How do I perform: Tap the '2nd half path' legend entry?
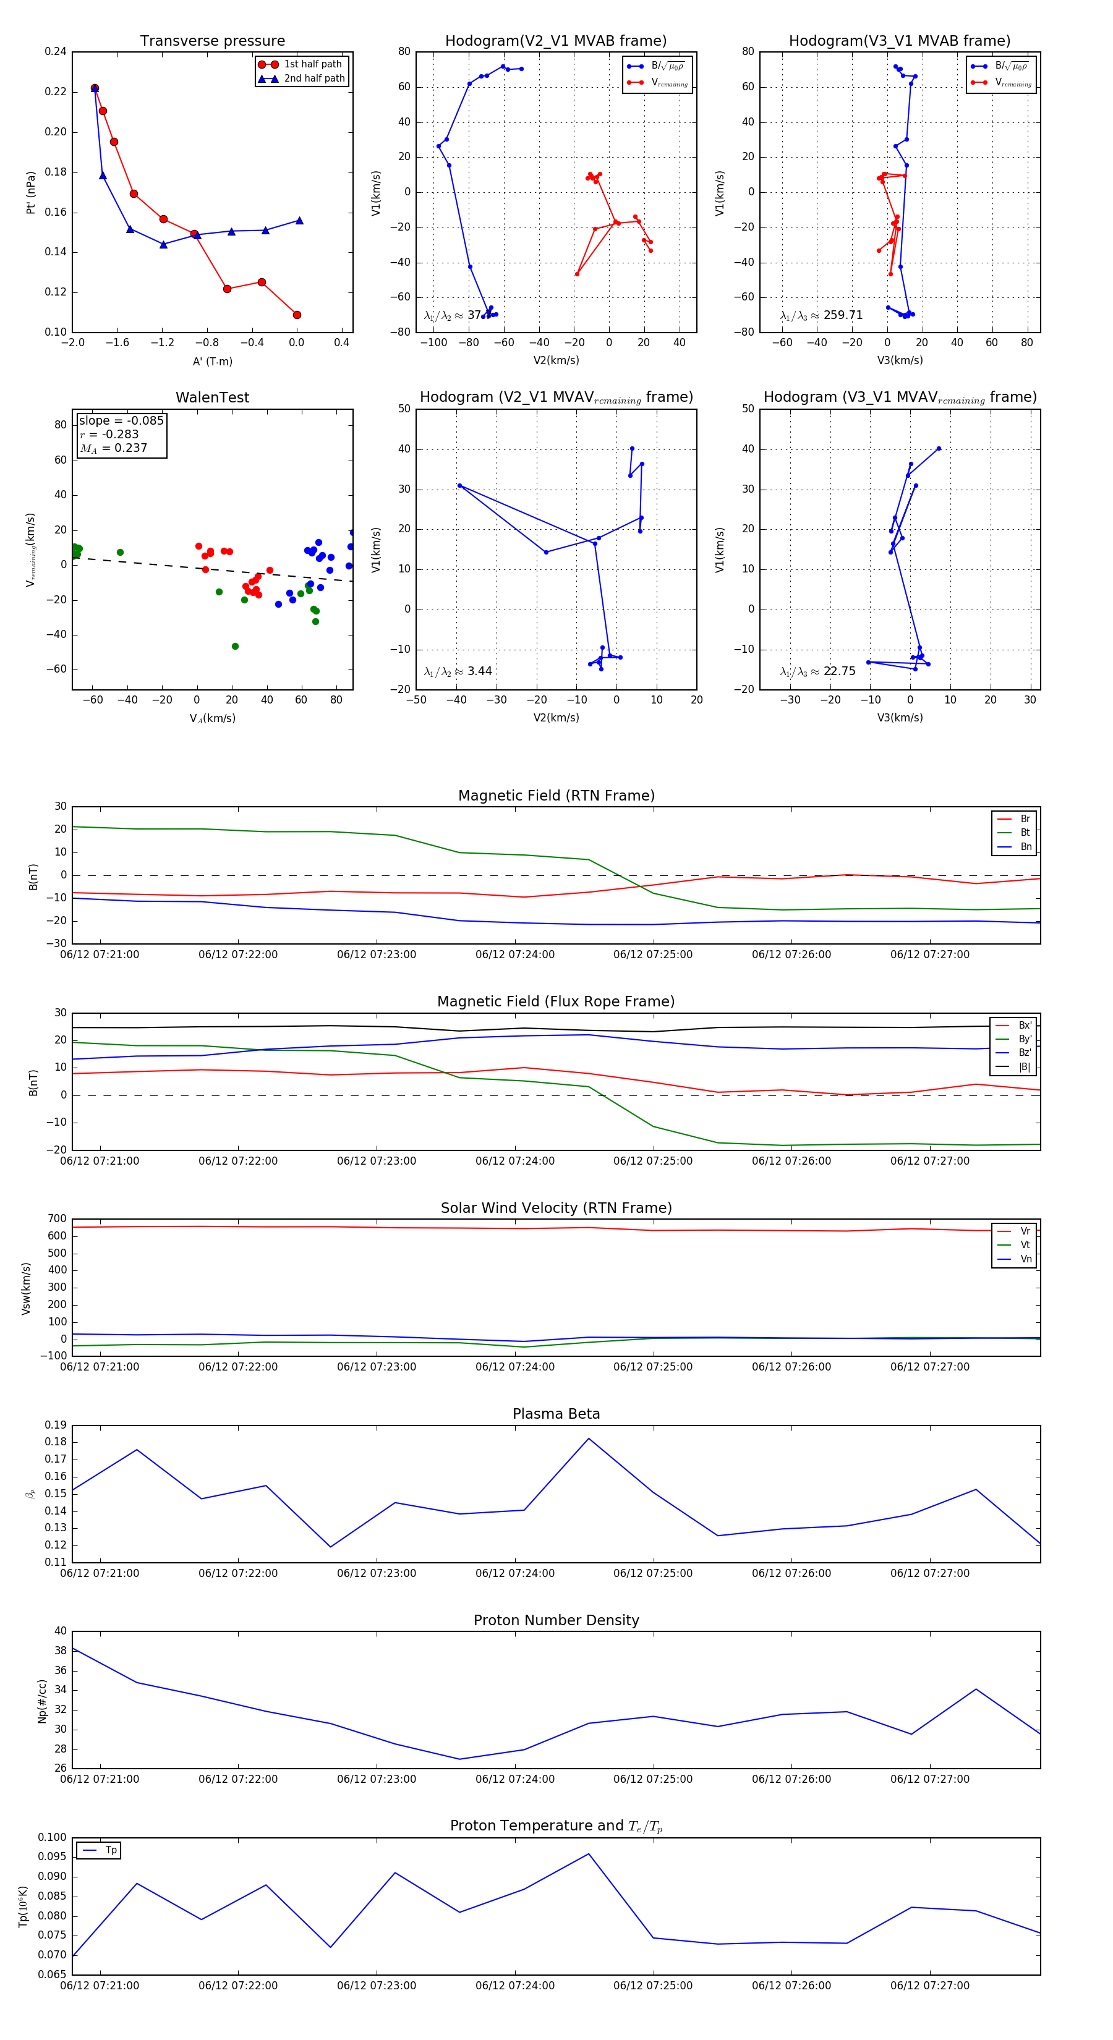[x=313, y=79]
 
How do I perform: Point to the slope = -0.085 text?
[x=121, y=420]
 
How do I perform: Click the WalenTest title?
[x=212, y=397]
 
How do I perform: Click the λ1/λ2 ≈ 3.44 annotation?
[x=458, y=671]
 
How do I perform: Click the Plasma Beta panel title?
[x=556, y=1414]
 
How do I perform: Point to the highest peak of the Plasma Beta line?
[x=589, y=1438]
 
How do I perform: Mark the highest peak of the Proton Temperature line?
[x=589, y=1854]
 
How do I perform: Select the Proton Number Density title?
[x=556, y=1620]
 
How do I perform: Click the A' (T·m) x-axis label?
[x=212, y=361]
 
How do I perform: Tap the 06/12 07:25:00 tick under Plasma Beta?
[x=653, y=1573]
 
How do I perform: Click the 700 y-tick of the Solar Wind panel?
[x=57, y=1219]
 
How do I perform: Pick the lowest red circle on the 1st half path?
[x=297, y=315]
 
